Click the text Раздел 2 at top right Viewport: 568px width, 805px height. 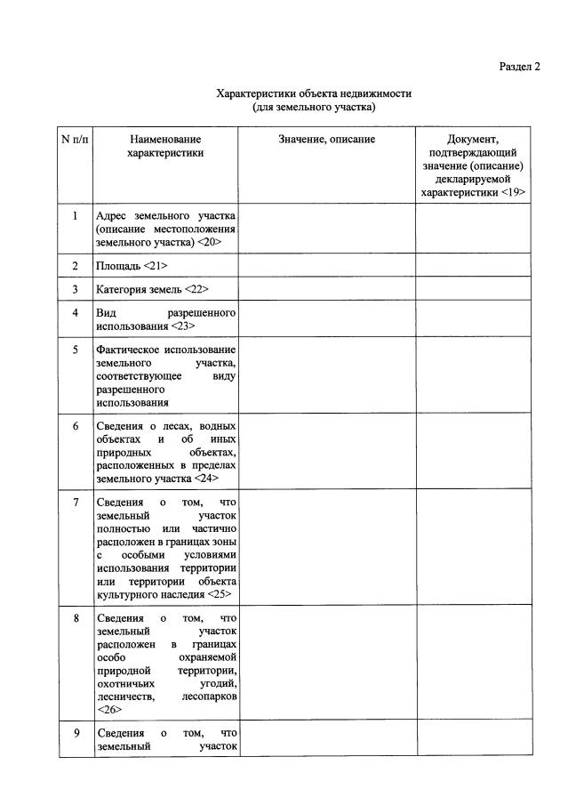[x=519, y=66]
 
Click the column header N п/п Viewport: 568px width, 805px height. [x=76, y=140]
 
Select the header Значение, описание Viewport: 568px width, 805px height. [x=326, y=140]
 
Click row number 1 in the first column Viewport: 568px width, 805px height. [x=76, y=216]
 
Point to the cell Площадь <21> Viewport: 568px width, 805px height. [x=131, y=266]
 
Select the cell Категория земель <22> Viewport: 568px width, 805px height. [x=152, y=290]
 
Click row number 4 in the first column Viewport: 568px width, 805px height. [x=76, y=314]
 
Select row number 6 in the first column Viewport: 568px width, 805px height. [x=76, y=426]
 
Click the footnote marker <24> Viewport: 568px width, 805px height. [x=206, y=478]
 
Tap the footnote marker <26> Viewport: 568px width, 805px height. [x=108, y=711]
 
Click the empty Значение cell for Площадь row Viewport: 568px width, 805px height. [x=326, y=266]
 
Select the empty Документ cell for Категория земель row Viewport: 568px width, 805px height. [x=474, y=290]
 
